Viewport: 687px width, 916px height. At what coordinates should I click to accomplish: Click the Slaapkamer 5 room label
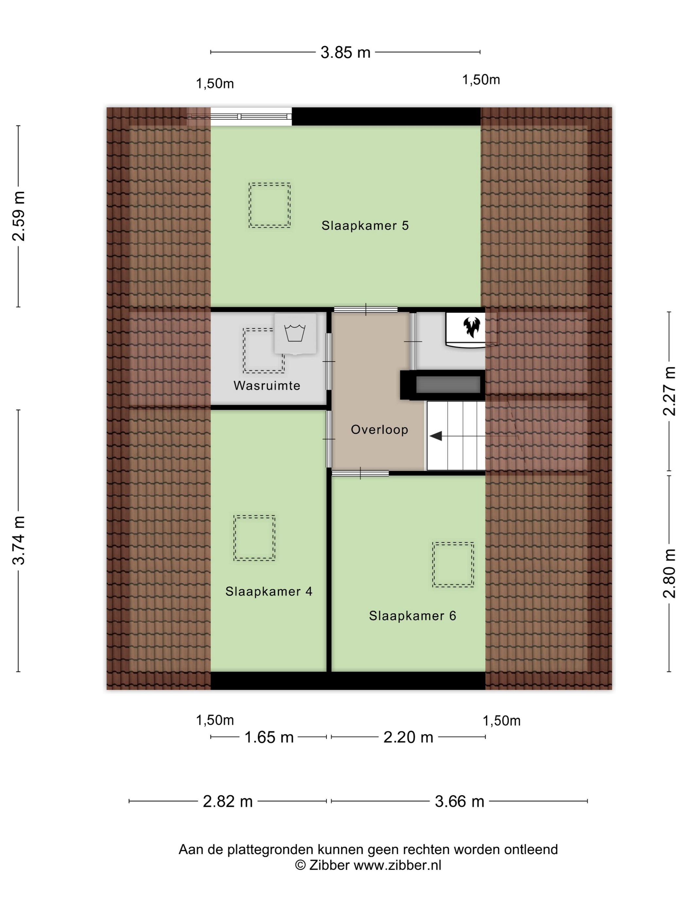click(365, 226)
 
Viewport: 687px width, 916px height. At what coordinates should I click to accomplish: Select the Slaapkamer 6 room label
click(413, 616)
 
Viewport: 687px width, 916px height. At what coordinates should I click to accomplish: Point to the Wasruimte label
click(267, 385)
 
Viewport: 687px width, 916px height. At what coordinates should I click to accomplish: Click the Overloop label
click(379, 430)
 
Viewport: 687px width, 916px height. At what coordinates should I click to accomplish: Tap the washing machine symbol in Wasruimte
click(295, 334)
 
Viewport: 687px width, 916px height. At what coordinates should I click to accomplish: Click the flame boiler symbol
click(471, 327)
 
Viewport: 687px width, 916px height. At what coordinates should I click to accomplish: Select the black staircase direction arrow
click(436, 436)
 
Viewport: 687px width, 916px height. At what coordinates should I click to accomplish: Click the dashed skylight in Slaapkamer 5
click(270, 205)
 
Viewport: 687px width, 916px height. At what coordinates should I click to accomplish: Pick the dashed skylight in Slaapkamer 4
click(254, 538)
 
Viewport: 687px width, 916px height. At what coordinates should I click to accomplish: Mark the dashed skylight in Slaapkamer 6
click(453, 564)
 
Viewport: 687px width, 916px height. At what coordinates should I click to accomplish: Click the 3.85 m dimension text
click(345, 53)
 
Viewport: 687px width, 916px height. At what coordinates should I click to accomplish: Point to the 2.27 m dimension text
click(670, 391)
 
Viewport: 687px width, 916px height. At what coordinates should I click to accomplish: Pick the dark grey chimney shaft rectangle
click(448, 385)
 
